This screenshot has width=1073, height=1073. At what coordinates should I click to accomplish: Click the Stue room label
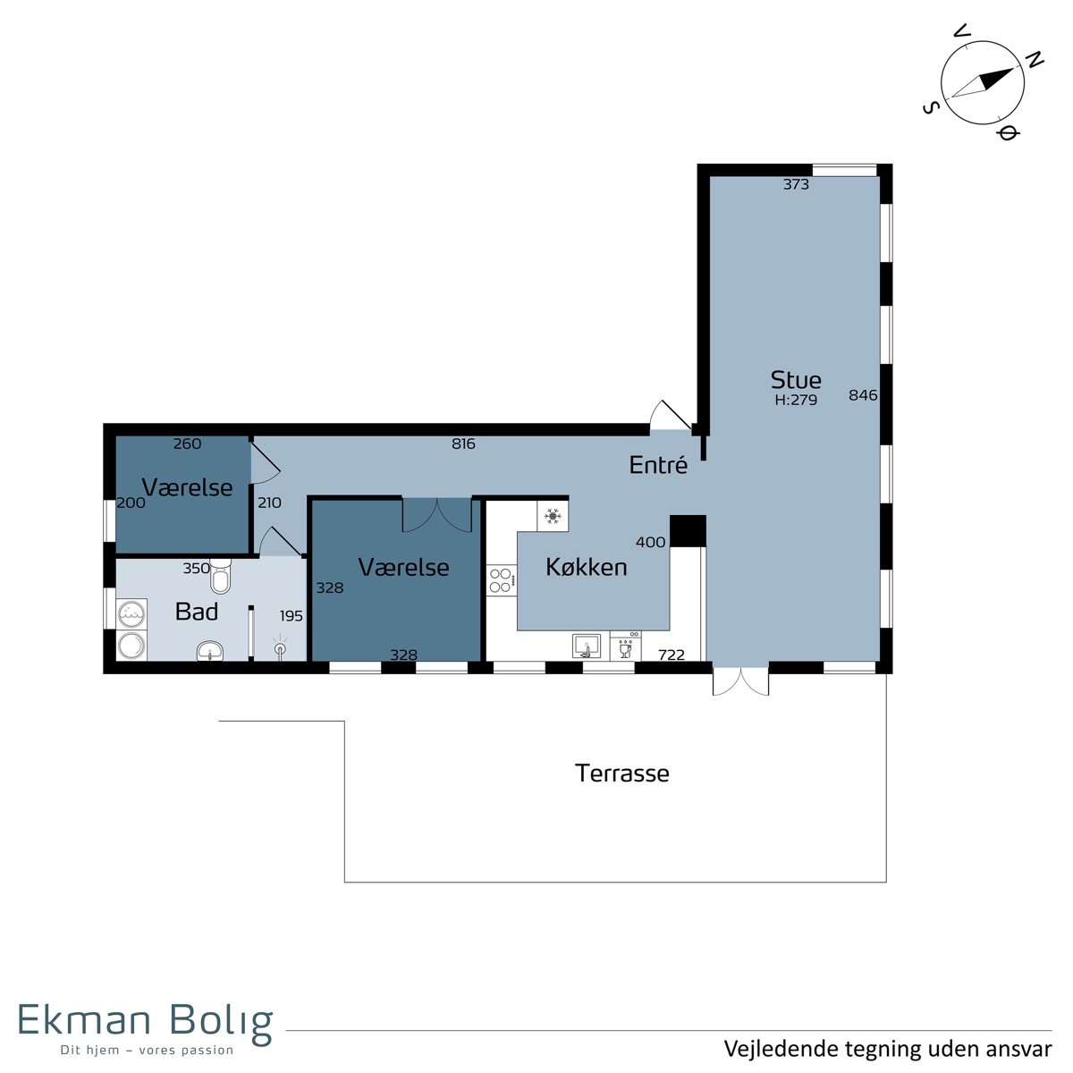(795, 380)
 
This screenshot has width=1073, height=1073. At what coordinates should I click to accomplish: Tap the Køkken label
(586, 567)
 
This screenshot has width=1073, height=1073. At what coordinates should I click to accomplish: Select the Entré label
(658, 464)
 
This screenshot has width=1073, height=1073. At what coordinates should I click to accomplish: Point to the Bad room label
(196, 612)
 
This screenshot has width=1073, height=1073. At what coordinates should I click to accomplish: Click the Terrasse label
(622, 773)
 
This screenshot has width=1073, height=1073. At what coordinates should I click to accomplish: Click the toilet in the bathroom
(221, 576)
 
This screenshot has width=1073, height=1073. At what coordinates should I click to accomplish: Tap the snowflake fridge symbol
(553, 516)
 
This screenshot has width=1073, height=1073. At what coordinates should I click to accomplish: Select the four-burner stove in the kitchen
(501, 580)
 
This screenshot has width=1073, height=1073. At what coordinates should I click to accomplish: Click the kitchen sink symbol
(587, 646)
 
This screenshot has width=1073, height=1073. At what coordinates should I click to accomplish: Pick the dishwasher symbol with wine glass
(625, 646)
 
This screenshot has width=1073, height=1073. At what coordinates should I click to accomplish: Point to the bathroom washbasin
(210, 650)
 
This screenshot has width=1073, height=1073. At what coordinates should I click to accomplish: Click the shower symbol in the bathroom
(280, 647)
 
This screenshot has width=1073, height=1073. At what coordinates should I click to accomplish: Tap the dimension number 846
(863, 395)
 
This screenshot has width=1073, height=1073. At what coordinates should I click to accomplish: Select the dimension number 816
(463, 444)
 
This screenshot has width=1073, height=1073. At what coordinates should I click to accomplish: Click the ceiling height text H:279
(796, 400)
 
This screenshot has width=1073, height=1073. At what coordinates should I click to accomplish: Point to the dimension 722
(671, 655)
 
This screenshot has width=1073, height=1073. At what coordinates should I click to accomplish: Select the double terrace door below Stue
(740, 680)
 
